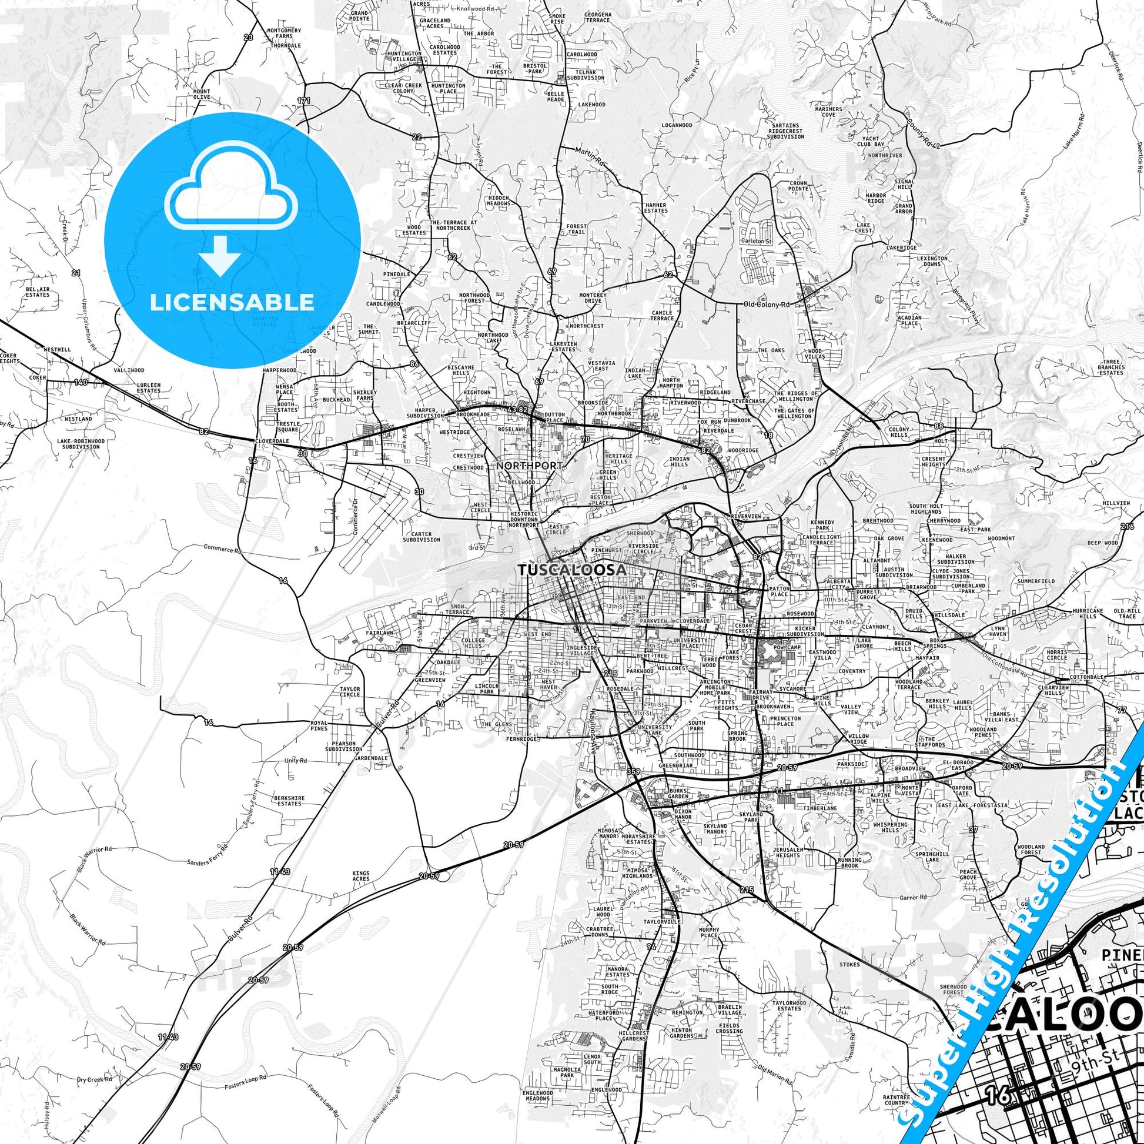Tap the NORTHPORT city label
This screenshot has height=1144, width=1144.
tap(529, 466)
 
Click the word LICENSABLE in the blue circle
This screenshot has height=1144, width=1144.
tap(232, 302)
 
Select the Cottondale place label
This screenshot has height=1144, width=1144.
tap(1086, 677)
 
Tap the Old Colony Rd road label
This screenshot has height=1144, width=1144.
tap(767, 305)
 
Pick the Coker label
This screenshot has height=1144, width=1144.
tap(38, 378)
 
